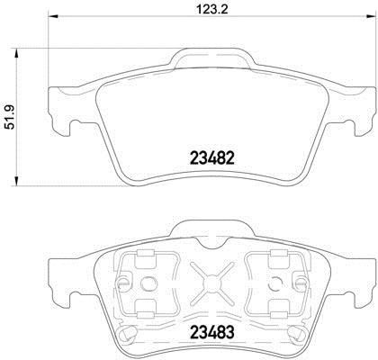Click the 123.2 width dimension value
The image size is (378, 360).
coord(212,9)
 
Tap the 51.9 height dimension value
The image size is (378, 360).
coord(10,117)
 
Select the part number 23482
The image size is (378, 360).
coord(212,158)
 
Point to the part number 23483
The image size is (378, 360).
coord(211,332)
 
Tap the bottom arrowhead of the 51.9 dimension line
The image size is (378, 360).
coord(16,180)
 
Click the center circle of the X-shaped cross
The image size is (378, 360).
coord(211,283)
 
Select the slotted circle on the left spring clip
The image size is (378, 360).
coord(123,283)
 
